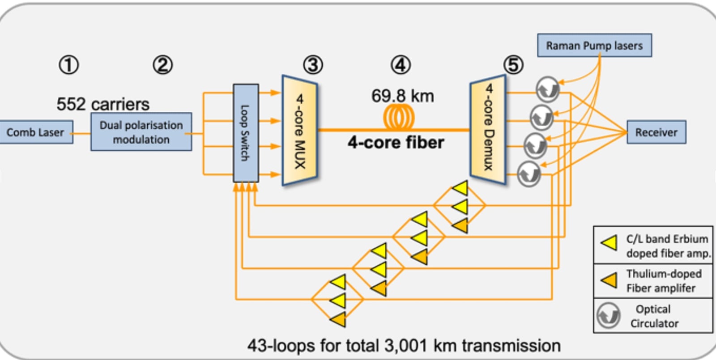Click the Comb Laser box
(36, 132)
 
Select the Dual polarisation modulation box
(141, 132)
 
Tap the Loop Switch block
(246, 133)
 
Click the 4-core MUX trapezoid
(299, 131)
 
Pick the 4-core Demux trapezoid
(488, 130)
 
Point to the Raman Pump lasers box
(594, 46)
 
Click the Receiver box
(656, 132)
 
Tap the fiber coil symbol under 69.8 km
(399, 118)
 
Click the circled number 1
(68, 65)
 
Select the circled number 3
(313, 65)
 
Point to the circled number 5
(513, 65)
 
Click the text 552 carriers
(103, 104)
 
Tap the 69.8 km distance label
(402, 96)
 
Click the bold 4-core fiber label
(396, 143)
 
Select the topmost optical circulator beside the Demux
(548, 89)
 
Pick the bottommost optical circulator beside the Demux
(529, 174)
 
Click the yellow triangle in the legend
(609, 243)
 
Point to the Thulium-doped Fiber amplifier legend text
(663, 281)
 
